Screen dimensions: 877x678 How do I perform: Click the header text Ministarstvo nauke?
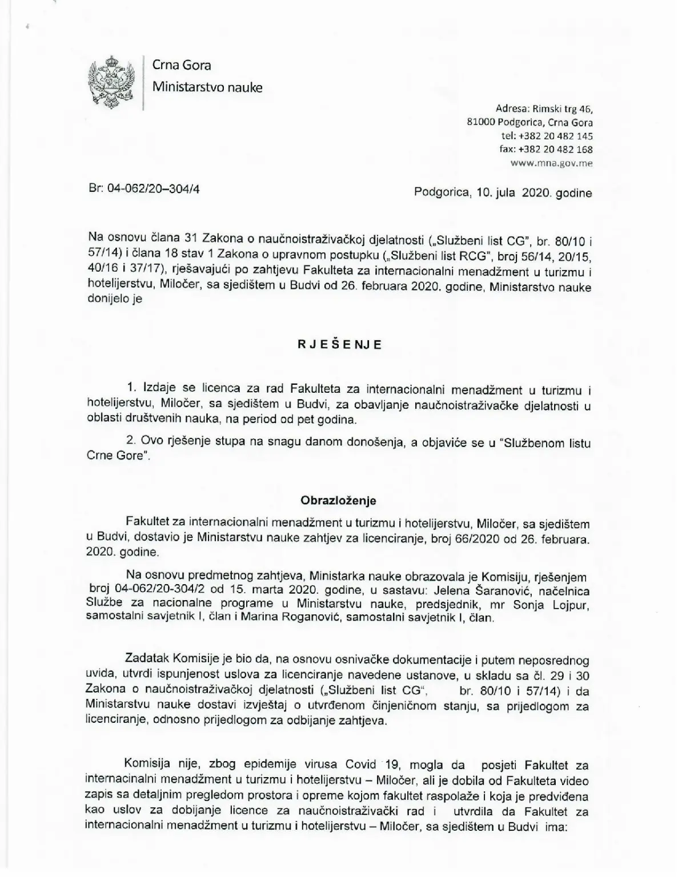pyautogui.click(x=207, y=87)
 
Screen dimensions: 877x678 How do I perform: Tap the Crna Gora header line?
pyautogui.click(x=181, y=65)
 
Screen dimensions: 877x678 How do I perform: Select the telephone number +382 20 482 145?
pyautogui.click(x=555, y=136)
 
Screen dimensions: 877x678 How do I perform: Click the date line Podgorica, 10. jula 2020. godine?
pyautogui.click(x=503, y=193)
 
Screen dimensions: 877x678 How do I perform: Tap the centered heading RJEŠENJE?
pyautogui.click(x=339, y=345)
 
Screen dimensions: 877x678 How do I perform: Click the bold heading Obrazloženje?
pyautogui.click(x=339, y=501)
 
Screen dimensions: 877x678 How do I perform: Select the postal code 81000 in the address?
pyautogui.click(x=480, y=122)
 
